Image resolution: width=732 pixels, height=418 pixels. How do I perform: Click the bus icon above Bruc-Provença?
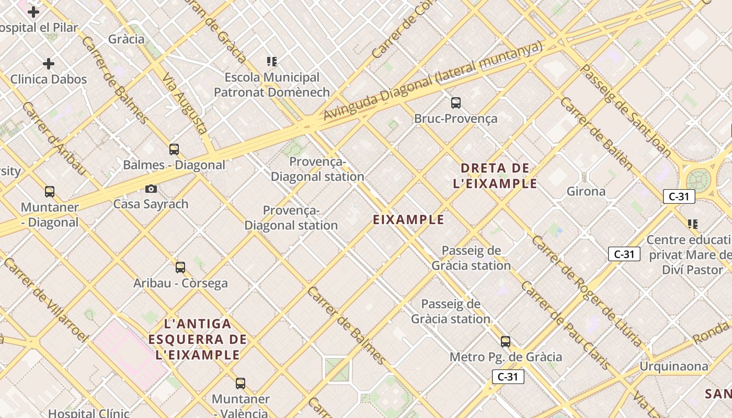point(456,102)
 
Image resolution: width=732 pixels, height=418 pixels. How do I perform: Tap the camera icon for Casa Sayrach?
point(151,189)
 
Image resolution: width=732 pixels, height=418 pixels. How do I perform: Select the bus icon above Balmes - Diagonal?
point(174,149)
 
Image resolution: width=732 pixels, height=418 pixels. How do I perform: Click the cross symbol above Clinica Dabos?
point(49,64)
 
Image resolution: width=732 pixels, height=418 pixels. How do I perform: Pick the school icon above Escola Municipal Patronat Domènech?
point(271,62)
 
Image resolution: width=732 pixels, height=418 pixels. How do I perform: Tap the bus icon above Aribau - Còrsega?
point(180,268)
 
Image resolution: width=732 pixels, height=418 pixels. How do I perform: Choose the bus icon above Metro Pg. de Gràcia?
point(506,342)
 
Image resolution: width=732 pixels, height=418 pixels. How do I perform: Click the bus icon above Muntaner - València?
point(241,384)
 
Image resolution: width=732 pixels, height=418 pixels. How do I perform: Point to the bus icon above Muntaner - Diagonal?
point(50,192)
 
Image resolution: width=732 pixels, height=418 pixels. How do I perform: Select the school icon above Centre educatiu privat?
point(693,224)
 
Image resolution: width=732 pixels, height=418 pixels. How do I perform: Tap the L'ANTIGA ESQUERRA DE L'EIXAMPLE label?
point(197,339)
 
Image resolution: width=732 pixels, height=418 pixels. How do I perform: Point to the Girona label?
point(586,191)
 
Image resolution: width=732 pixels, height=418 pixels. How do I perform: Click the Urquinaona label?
point(674,366)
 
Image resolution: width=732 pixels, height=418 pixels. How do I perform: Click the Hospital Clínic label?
point(88,413)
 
